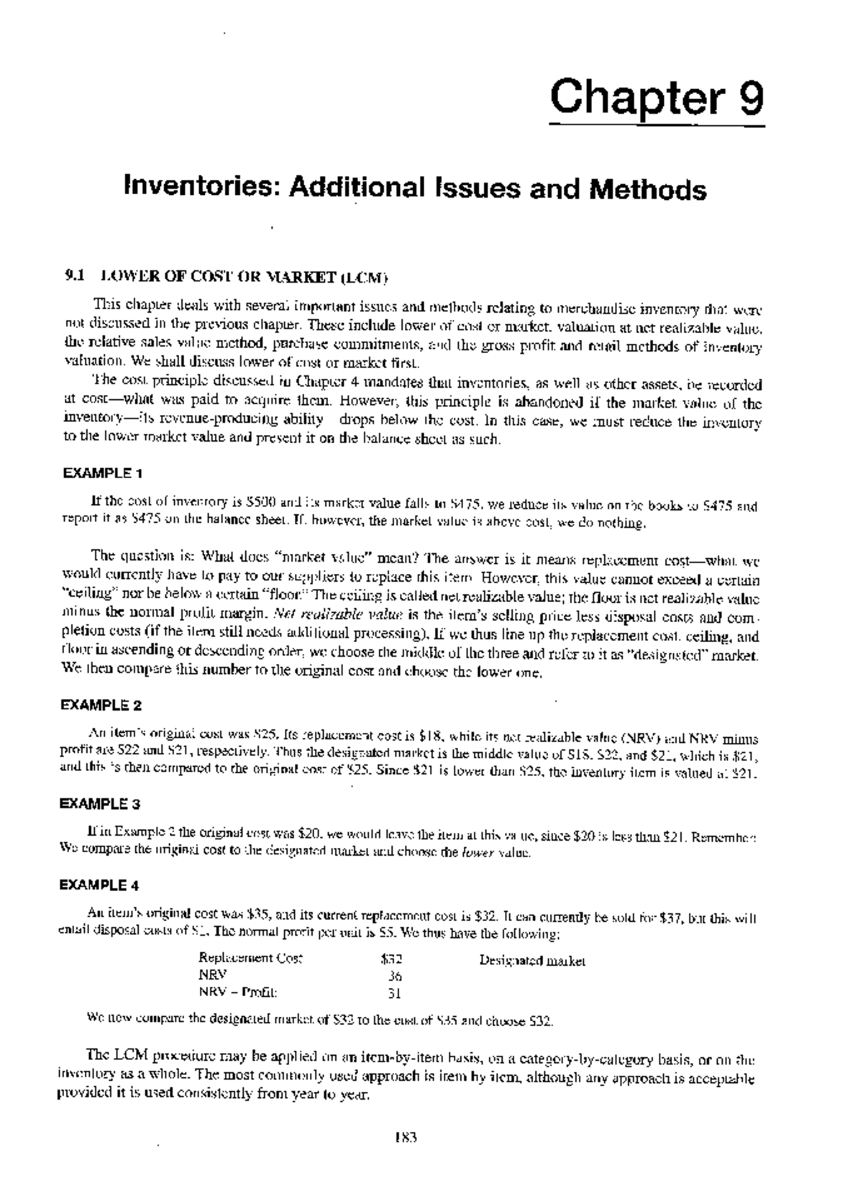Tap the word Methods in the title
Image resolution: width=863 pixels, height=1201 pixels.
click(x=648, y=189)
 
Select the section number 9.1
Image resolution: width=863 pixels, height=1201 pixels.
click(x=74, y=275)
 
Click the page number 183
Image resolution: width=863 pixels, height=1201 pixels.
click(x=406, y=1138)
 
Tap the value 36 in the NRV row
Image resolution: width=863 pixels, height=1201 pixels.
click(x=395, y=976)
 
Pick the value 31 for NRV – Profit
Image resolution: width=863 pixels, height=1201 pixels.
click(x=395, y=993)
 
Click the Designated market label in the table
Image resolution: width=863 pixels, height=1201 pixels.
click(x=532, y=960)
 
